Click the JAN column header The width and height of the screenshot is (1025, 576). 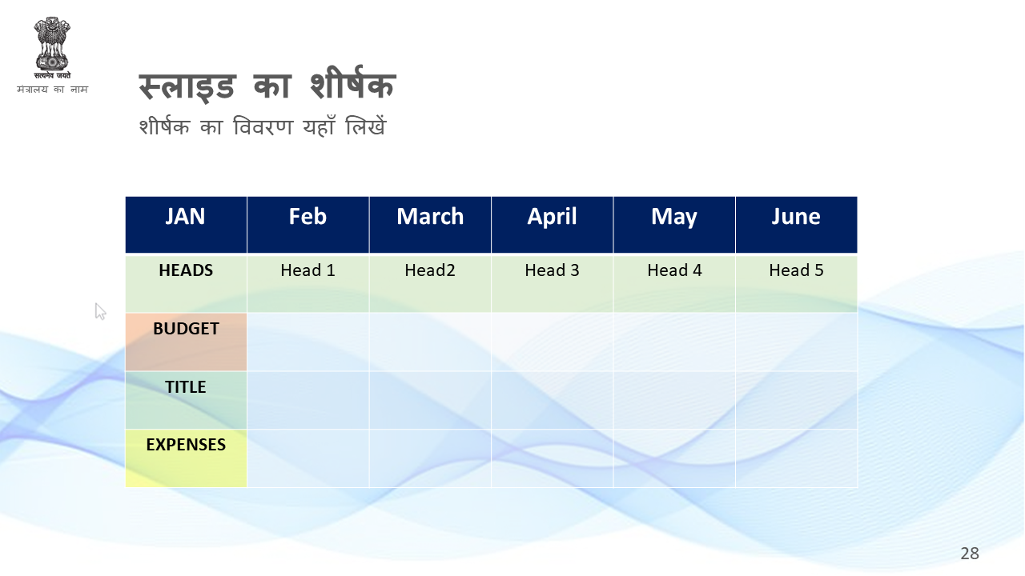point(186,225)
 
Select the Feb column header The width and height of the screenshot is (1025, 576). point(308,225)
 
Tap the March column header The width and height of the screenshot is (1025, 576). point(430,225)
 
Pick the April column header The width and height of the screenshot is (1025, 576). point(553,225)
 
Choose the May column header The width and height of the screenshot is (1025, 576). point(674,225)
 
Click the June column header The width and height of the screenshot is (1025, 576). point(797,225)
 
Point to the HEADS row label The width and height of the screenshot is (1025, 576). point(186,283)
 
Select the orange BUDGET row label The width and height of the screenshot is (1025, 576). point(186,342)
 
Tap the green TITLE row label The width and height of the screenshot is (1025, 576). point(186,400)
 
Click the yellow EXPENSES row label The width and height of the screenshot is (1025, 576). point(186,458)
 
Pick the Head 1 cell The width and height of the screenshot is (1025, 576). point(308,283)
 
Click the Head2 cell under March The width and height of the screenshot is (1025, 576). point(430,283)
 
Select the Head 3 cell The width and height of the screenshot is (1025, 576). point(553,283)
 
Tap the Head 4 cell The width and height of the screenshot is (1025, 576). point(674,283)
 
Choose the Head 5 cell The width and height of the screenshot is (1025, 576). point(797,283)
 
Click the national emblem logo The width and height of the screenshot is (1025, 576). point(52,48)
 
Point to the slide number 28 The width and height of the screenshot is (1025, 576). point(970,554)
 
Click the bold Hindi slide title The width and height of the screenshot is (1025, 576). point(267,85)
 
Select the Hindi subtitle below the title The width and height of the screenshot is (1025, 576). point(263,126)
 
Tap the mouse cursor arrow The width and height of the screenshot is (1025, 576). point(100,311)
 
